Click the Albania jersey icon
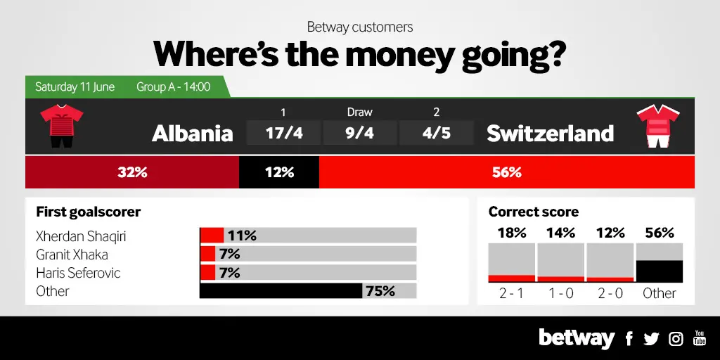62,127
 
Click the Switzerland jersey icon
658,127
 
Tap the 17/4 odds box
283,133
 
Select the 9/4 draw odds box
359,133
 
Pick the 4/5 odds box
436,133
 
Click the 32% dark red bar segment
132,172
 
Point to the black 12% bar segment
279,172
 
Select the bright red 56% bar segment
507,172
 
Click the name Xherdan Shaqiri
81,236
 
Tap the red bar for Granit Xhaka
207,254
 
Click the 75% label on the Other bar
380,291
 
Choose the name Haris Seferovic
78,273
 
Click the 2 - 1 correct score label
511,293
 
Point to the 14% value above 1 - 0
560,233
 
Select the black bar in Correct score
660,271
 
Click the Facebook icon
629,339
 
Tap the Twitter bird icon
651,339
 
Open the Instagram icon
676,339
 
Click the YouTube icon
700,338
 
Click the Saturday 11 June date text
75,86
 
